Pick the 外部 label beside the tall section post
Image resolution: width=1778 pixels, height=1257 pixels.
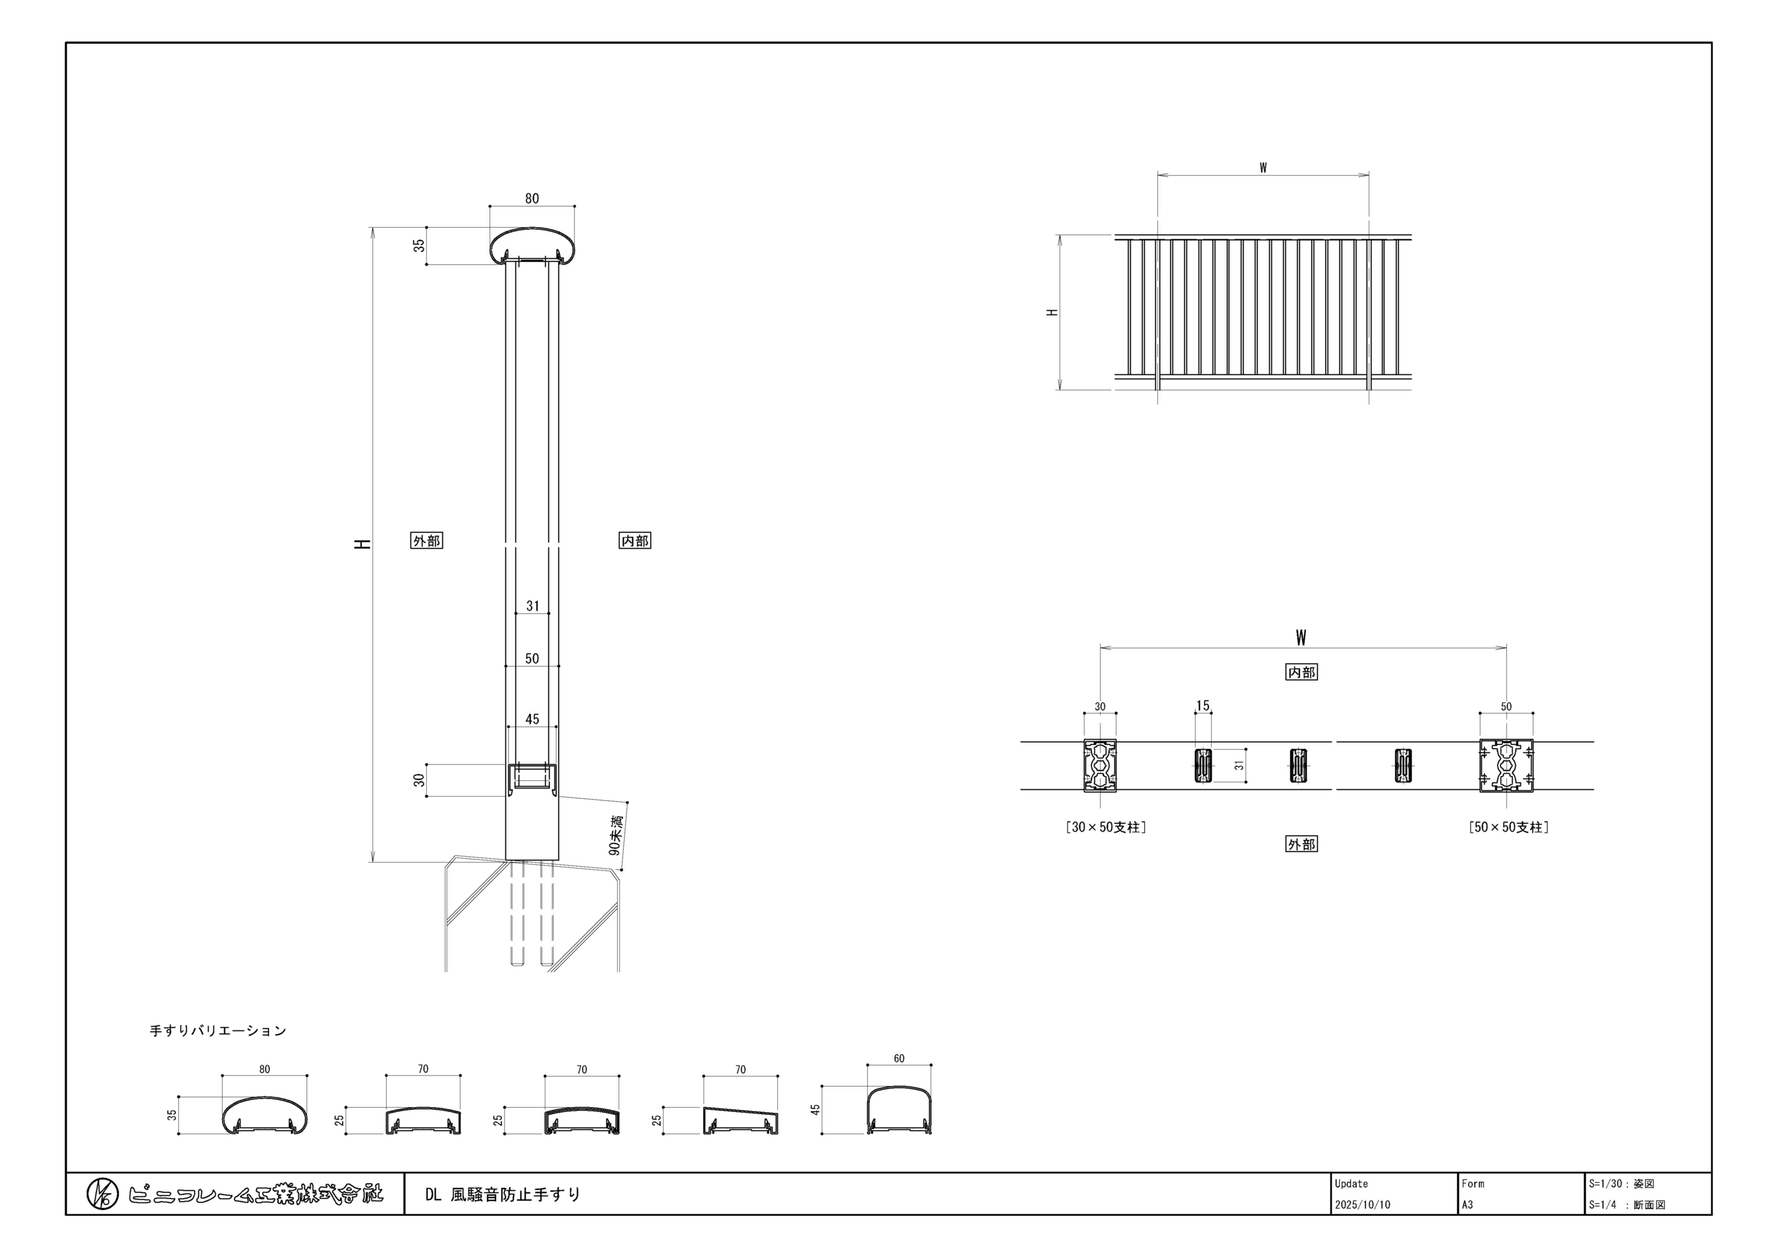click(x=426, y=541)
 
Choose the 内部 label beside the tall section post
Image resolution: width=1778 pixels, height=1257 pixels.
click(x=635, y=541)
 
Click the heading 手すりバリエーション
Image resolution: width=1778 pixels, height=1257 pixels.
click(x=217, y=1031)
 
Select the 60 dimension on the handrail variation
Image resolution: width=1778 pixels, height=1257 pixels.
click(x=899, y=1059)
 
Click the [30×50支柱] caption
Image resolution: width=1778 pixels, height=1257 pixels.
click(x=1106, y=827)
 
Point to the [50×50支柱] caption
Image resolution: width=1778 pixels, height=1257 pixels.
click(x=1509, y=827)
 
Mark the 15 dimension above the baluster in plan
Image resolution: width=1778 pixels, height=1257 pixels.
click(x=1203, y=706)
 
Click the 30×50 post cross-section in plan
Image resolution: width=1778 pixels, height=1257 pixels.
click(x=1099, y=765)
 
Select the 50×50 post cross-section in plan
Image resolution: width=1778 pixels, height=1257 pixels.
click(x=1506, y=765)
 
